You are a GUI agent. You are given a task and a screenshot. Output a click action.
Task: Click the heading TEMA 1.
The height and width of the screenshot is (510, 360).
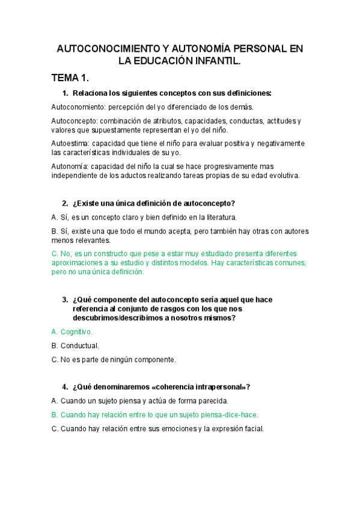click(x=70, y=78)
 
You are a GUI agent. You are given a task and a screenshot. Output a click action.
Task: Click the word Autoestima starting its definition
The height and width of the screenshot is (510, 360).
click(x=70, y=144)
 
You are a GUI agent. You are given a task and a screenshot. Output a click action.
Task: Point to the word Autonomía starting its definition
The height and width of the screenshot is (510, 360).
click(x=70, y=167)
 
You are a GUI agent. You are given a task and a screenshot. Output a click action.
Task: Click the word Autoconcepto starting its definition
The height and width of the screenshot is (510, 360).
click(x=73, y=121)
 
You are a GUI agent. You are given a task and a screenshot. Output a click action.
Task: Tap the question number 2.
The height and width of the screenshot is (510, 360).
click(x=64, y=203)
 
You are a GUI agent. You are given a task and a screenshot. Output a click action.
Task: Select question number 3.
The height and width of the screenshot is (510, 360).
click(x=64, y=300)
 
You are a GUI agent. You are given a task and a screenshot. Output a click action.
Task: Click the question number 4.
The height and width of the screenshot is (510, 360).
click(x=64, y=387)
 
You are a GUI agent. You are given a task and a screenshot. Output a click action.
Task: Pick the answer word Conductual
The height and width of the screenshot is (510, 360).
click(x=80, y=346)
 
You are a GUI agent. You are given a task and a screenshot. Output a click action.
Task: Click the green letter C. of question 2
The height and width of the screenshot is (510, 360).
click(x=55, y=254)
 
